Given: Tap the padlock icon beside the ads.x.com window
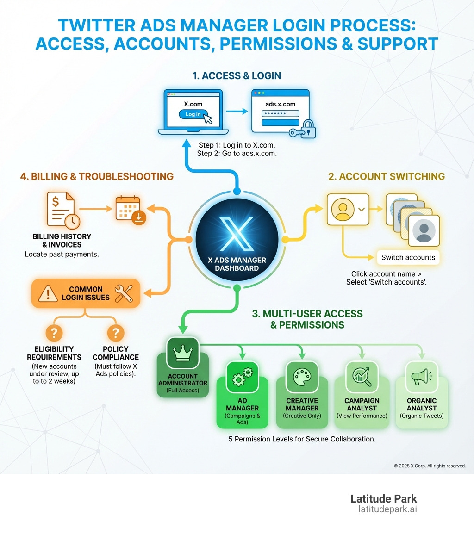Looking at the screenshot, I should click(307, 130).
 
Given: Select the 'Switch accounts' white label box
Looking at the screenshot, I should click(408, 257).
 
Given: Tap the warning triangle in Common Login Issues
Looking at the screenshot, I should click(48, 293).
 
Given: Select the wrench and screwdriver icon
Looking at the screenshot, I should click(123, 293).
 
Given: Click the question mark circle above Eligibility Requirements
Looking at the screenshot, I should click(54, 332).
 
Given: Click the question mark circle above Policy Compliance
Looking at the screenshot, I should click(115, 332).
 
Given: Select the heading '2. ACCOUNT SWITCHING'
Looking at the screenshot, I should click(387, 176).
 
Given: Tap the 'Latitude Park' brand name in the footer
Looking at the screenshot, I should click(383, 498).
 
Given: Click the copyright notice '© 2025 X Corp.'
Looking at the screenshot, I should click(429, 466).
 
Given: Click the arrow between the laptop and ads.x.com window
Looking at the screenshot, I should click(237, 112).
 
